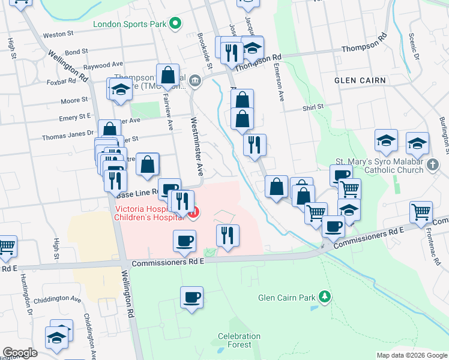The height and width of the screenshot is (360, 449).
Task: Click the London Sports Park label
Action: pyautogui.click(x=130, y=25)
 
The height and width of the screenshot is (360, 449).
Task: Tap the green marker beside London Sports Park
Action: pyautogui.click(x=175, y=25)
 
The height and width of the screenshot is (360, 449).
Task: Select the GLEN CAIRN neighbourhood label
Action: pyautogui.click(x=361, y=80)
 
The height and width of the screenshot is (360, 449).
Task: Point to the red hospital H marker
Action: pyautogui.click(x=193, y=213)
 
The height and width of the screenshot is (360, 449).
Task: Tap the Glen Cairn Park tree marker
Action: pyautogui.click(x=325, y=297)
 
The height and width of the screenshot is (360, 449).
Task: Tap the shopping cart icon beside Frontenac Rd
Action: pyautogui.click(x=421, y=211)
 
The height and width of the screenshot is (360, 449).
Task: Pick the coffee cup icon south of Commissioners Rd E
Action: pyautogui.click(x=191, y=296)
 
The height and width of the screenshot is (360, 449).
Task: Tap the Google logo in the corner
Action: pyautogui.click(x=20, y=353)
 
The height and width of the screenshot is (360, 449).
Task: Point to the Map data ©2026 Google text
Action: pyautogui.click(x=411, y=355)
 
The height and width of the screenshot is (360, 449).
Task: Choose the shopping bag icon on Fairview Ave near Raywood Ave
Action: pyautogui.click(x=169, y=76)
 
